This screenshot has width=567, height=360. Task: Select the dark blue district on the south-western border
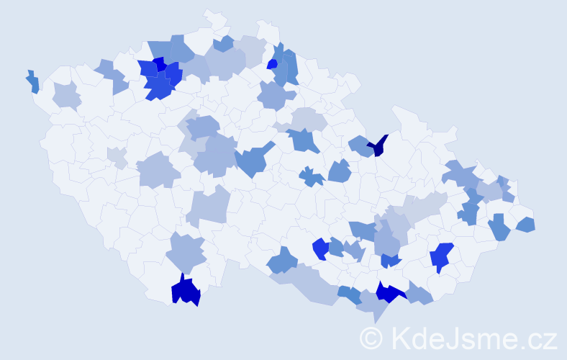[x=185, y=291]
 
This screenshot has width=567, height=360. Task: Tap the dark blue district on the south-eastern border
[x=389, y=292]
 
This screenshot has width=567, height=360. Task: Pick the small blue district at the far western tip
[x=33, y=82]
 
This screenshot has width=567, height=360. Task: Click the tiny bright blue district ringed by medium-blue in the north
[x=272, y=64]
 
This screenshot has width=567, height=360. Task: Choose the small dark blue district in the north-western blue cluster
[x=158, y=63]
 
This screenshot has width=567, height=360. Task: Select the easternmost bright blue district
[x=441, y=256]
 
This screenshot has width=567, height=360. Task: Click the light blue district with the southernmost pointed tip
[x=374, y=306]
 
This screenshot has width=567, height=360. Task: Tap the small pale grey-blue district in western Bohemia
[x=117, y=156]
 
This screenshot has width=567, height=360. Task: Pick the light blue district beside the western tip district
[x=66, y=94]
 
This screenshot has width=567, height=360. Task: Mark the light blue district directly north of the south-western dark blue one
[x=186, y=252]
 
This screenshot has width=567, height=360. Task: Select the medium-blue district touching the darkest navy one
[x=360, y=146]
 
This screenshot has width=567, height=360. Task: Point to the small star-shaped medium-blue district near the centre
[x=312, y=176]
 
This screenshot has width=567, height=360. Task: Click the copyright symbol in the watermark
[x=371, y=338]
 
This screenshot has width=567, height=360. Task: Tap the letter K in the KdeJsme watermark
[x=399, y=337]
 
